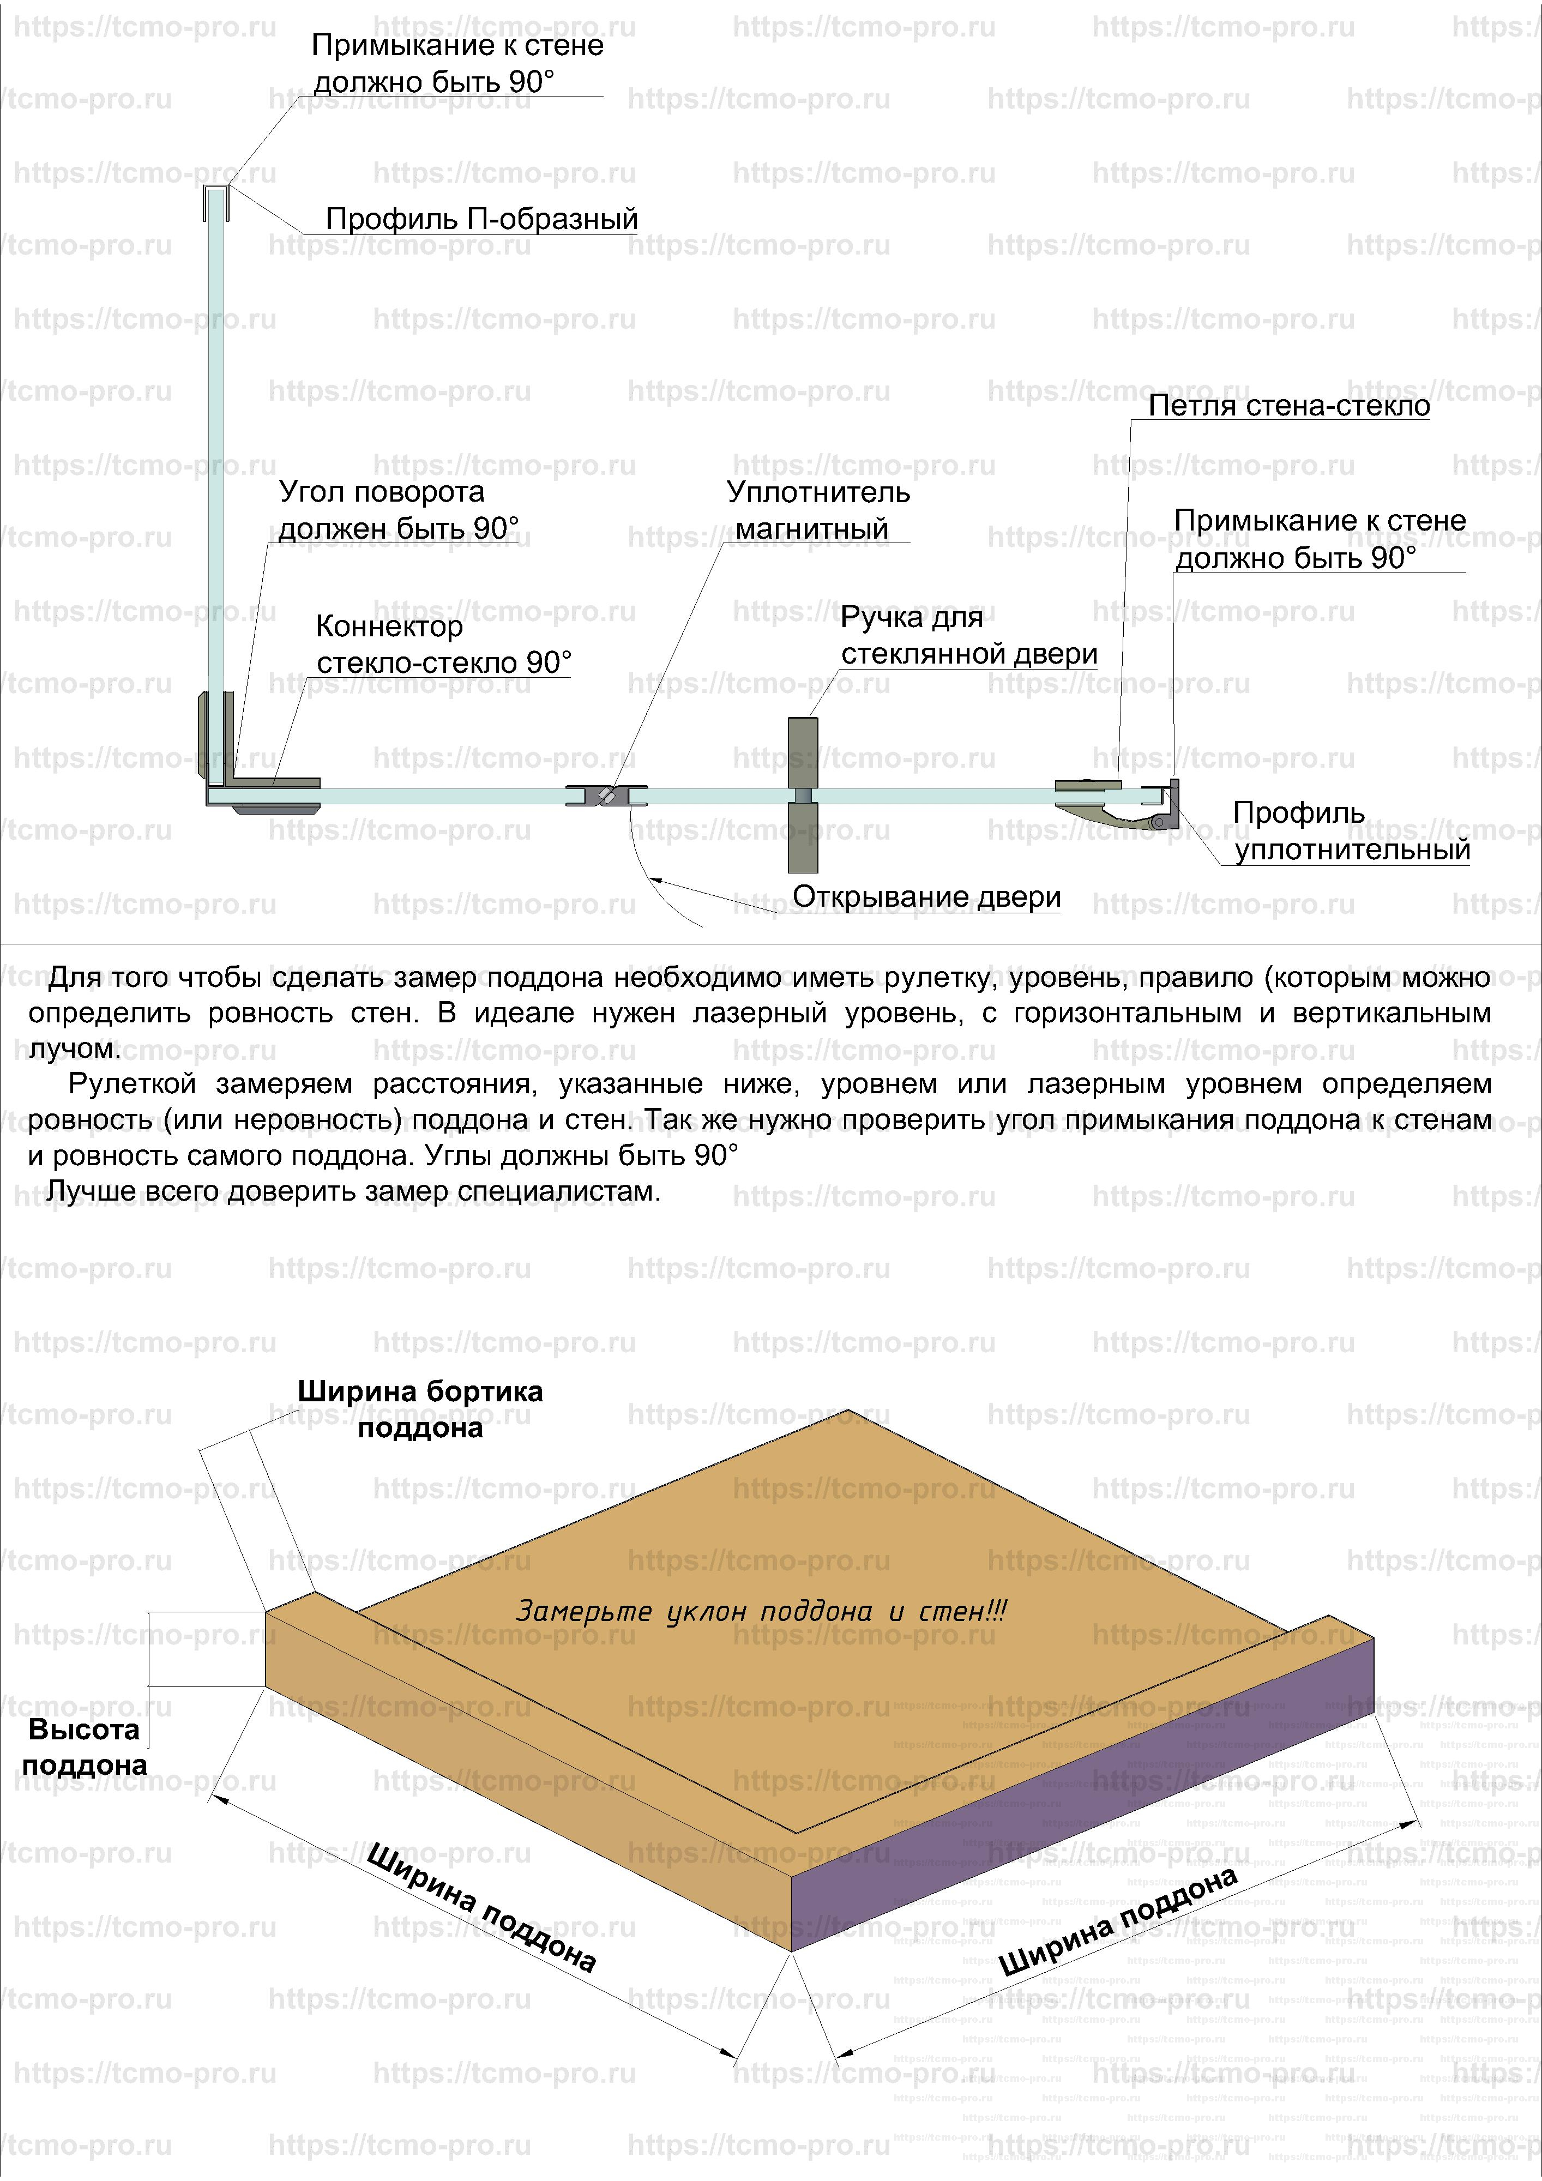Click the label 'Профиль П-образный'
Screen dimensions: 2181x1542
pos(481,219)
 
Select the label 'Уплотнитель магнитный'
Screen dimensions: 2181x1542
pos(817,510)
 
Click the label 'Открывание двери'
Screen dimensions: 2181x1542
pos(926,897)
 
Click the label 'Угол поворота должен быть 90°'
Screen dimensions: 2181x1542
pos(398,510)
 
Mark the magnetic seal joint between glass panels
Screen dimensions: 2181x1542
pos(606,795)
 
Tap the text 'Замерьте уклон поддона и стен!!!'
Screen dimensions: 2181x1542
pos(760,1611)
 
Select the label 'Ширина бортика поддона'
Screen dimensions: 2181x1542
pos(420,1409)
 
